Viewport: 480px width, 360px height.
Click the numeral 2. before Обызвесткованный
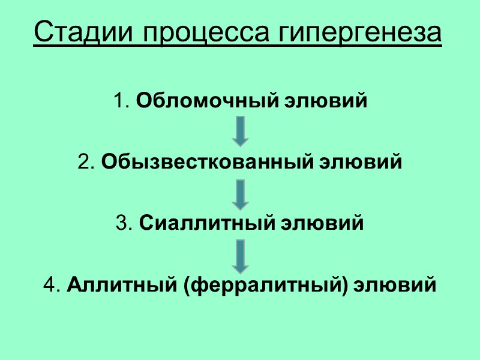click(x=86, y=163)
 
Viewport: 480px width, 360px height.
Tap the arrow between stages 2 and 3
click(x=240, y=193)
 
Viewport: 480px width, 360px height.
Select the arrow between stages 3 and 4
click(x=240, y=256)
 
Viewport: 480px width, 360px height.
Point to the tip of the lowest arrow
click(x=240, y=272)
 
